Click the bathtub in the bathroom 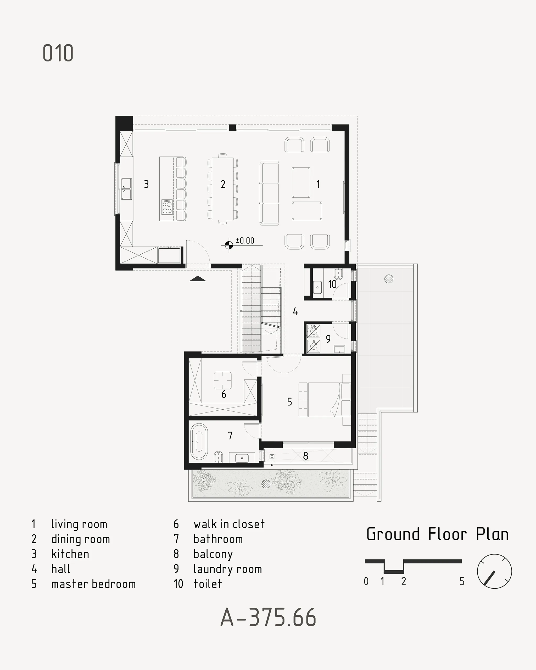coord(199,441)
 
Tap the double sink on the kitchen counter coord(126,189)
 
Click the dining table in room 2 coord(223,189)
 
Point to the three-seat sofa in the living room coord(269,193)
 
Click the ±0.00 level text coord(245,241)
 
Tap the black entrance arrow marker coord(198,278)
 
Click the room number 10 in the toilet coord(332,284)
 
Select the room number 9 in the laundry coord(328,339)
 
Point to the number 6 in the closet coord(224,394)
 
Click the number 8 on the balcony coord(306,456)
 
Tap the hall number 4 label coord(295,311)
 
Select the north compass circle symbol coord(494,571)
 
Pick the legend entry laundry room coord(227,569)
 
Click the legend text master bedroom coord(93,584)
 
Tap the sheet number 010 coord(58,53)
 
